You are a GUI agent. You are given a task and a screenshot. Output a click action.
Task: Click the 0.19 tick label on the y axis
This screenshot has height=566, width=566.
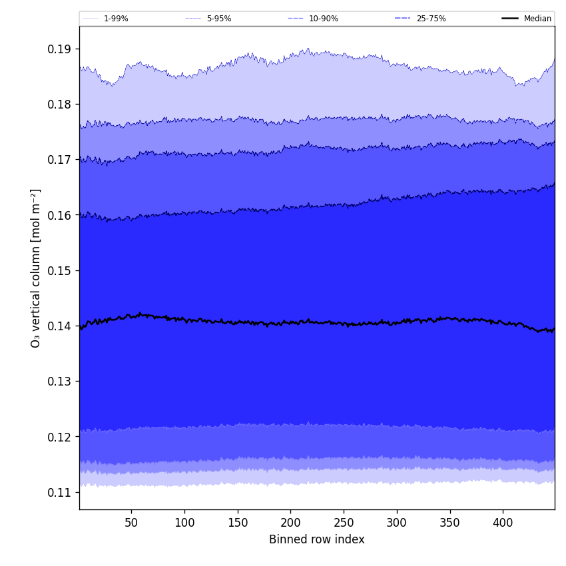[60, 49]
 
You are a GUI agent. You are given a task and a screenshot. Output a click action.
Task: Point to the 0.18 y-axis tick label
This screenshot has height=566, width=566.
[60, 105]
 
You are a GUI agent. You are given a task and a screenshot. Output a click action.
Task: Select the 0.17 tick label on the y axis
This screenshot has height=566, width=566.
[60, 160]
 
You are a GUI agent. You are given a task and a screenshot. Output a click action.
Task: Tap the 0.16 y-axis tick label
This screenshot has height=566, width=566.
[60, 215]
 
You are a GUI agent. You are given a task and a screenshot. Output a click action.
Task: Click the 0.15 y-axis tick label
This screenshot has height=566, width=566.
[60, 271]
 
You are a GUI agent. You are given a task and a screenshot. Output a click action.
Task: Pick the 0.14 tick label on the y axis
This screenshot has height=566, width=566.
[60, 326]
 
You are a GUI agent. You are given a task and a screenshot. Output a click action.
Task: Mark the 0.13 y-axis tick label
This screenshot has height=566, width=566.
[60, 382]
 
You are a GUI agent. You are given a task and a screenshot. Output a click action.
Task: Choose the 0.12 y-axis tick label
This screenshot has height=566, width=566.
[60, 437]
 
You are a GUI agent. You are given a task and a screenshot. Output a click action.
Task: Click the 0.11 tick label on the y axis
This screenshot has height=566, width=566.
[60, 492]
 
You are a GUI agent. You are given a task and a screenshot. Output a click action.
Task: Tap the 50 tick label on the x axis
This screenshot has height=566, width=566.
[131, 523]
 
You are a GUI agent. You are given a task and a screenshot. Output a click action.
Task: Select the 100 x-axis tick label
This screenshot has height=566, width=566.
[184, 523]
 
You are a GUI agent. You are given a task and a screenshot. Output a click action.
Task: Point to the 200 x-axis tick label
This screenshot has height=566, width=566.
[290, 523]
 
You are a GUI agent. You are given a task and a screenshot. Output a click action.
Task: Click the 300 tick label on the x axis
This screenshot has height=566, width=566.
[397, 523]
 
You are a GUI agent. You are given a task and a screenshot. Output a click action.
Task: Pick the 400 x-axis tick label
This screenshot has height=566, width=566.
[503, 523]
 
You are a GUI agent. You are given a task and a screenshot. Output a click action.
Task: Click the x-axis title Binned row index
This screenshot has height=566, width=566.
[317, 539]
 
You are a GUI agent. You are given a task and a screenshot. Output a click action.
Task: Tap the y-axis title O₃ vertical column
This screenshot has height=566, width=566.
[36, 268]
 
